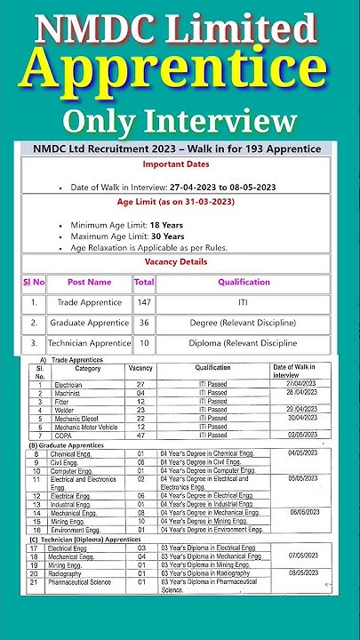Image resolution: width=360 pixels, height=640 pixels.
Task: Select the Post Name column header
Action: click(89, 282)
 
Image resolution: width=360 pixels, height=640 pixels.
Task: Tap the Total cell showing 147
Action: click(143, 302)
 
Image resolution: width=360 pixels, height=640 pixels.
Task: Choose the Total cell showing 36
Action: click(143, 322)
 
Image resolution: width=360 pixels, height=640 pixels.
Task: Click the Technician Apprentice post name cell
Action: click(89, 343)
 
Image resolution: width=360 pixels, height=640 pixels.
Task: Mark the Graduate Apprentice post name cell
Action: click(89, 322)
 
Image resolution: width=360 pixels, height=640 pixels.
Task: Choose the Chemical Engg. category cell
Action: click(76, 453)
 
